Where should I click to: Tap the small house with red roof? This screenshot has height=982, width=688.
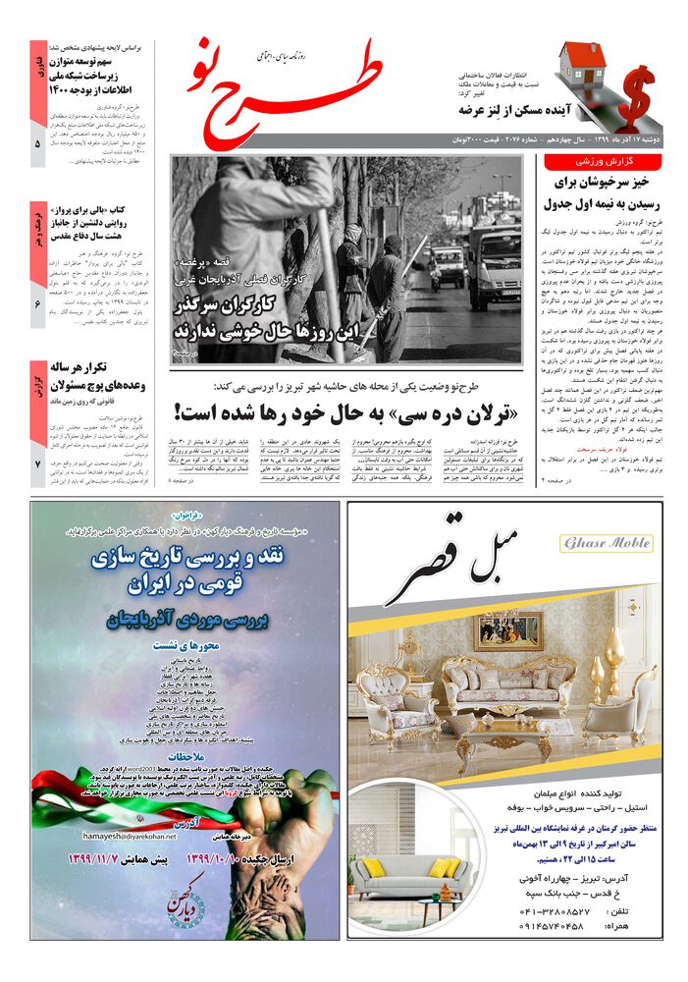point(581,67)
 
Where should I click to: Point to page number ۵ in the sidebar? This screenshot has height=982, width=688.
point(37,144)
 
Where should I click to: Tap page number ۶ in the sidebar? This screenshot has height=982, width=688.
point(37,304)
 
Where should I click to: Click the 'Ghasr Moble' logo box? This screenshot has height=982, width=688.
point(606,543)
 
